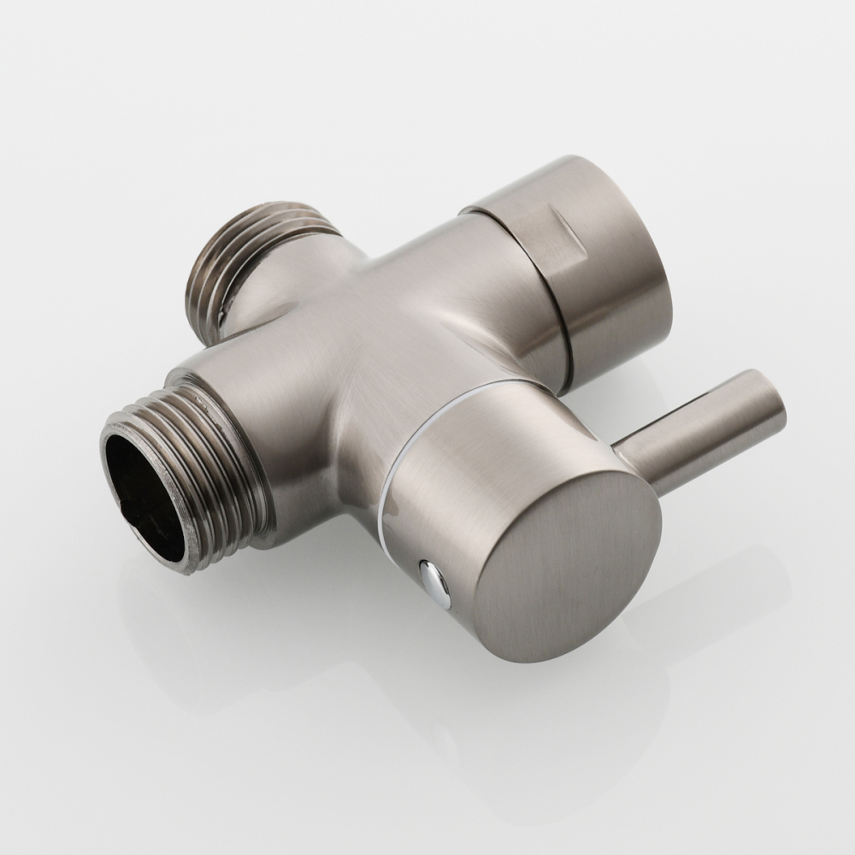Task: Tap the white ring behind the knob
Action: [402, 445]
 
